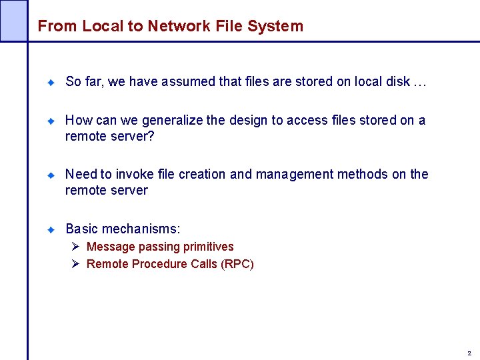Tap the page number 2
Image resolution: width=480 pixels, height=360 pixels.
pyautogui.click(x=469, y=353)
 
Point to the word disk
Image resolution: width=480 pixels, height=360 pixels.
pyautogui.click(x=397, y=82)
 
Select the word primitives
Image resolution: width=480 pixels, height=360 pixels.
pyautogui.click(x=208, y=247)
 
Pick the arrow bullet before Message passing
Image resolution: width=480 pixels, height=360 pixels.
pyautogui.click(x=76, y=247)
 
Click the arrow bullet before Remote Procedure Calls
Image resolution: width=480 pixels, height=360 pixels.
pyautogui.click(x=76, y=265)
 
